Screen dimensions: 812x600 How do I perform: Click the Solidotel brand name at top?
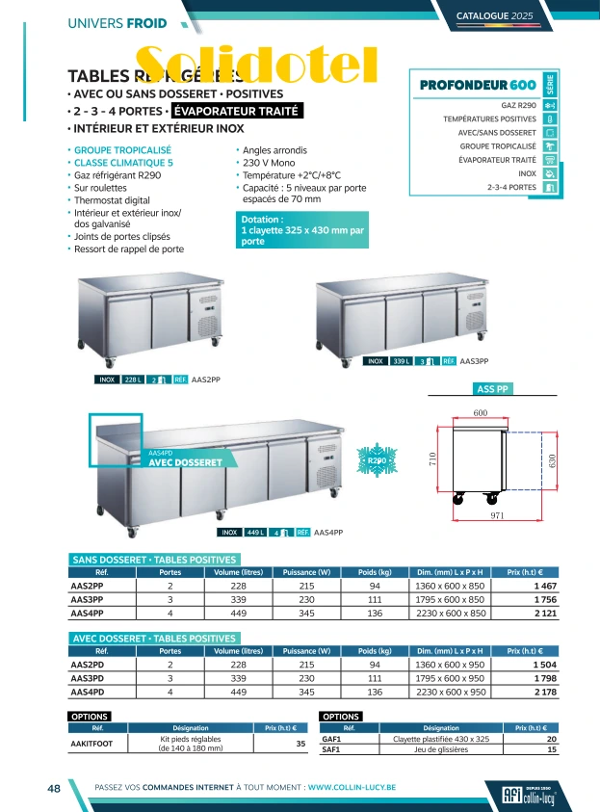[x=255, y=64]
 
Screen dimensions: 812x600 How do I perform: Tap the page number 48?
[x=54, y=788]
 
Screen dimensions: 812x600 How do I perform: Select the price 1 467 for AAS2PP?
[x=544, y=586]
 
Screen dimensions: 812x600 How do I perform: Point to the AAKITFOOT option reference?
[x=92, y=744]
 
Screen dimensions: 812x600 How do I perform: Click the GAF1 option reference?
[x=331, y=739]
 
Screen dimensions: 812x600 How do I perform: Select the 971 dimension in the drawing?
[x=497, y=517]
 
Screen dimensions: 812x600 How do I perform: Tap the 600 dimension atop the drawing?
[x=480, y=412]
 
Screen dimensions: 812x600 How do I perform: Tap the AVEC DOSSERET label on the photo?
[x=185, y=462]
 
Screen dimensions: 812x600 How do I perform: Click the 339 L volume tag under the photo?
[x=402, y=361]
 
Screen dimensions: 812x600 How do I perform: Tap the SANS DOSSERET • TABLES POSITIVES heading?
[x=154, y=560]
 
